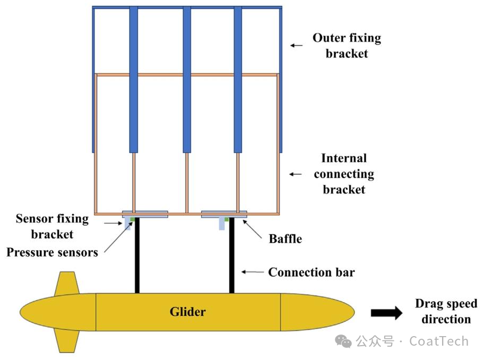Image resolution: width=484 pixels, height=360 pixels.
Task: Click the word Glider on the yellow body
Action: [187, 312]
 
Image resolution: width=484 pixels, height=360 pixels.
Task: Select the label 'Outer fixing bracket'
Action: [347, 46]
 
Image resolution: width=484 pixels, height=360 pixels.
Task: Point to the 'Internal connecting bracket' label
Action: [344, 174]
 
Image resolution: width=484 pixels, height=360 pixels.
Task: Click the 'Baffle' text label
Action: [285, 238]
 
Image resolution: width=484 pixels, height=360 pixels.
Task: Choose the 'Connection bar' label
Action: [311, 272]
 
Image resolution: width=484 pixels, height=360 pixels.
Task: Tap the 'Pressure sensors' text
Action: [52, 252]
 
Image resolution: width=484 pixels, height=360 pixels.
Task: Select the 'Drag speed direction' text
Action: [446, 312]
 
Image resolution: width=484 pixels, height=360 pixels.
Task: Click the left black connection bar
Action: [137, 255]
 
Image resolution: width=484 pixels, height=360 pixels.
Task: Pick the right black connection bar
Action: [231, 255]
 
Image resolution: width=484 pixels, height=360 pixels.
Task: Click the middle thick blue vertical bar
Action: [187, 80]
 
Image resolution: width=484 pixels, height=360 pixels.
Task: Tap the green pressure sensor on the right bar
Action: [227, 219]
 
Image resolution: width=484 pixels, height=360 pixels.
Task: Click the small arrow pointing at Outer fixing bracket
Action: [296, 46]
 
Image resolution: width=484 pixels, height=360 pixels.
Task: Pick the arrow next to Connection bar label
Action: [253, 272]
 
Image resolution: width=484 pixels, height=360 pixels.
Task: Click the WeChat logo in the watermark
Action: [345, 341]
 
